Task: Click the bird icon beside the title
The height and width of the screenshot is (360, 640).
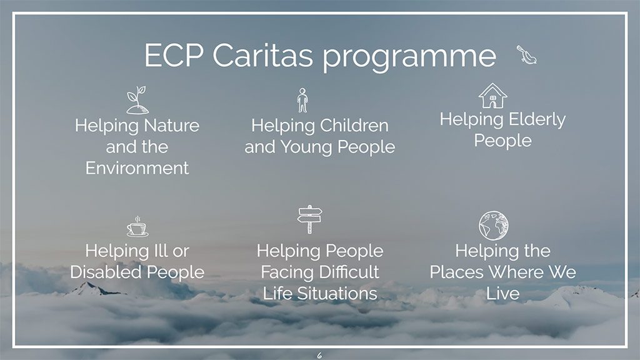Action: (527, 56)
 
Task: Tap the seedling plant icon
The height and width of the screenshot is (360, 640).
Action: (137, 100)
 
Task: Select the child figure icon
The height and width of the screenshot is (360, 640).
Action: (302, 101)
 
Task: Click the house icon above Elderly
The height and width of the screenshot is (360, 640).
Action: (492, 96)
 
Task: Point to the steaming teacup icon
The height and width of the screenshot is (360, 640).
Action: (137, 227)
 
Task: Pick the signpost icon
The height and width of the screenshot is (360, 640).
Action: (310, 219)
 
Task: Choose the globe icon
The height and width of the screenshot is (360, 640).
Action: (494, 226)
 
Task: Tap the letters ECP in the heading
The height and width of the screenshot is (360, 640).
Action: (174, 55)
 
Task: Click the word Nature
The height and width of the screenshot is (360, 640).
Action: (171, 125)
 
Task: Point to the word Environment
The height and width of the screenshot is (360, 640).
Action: (137, 168)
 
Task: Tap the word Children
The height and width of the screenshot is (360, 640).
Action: (354, 125)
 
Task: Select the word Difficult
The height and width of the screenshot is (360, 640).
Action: (349, 272)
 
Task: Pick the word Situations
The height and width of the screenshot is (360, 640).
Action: (337, 294)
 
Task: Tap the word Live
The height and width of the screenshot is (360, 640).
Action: (503, 294)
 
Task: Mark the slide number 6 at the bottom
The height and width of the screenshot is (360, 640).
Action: (319, 355)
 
